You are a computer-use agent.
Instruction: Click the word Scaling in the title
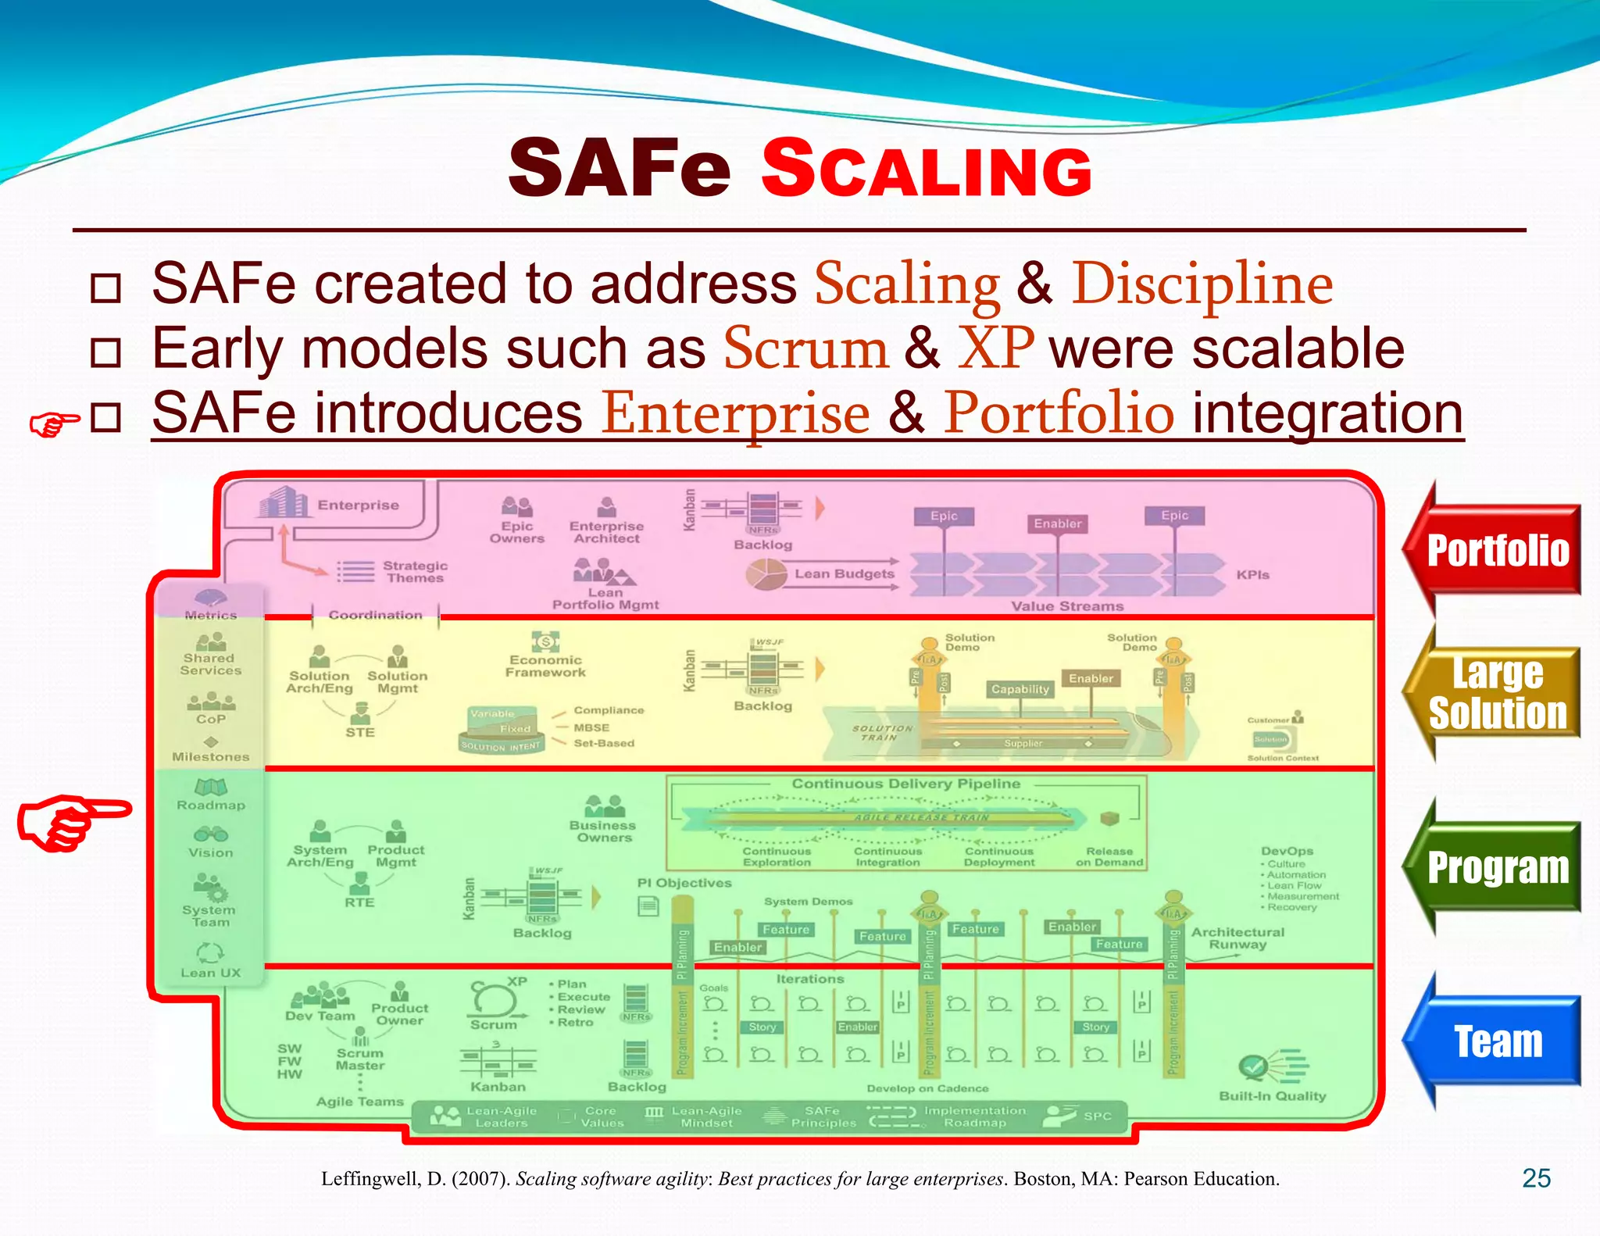pos(927,168)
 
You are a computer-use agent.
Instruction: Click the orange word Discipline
pos(1202,284)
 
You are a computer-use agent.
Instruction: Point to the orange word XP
pos(996,348)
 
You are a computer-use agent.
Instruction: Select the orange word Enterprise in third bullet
pos(735,413)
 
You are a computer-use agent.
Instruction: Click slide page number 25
pos(1536,1178)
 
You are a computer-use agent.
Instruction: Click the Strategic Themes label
pos(415,572)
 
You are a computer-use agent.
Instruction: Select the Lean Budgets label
pos(844,574)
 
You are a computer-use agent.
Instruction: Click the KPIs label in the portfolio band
pos(1252,575)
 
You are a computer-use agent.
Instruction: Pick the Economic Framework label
pos(545,666)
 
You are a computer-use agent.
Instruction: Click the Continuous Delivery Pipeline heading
pos(905,784)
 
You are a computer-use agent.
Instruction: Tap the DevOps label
pos(1287,851)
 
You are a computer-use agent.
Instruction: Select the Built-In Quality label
pos(1272,1096)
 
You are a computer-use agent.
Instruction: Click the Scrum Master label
pos(360,1059)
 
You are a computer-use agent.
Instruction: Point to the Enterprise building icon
pos(281,502)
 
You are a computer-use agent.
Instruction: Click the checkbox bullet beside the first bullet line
pos(105,288)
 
